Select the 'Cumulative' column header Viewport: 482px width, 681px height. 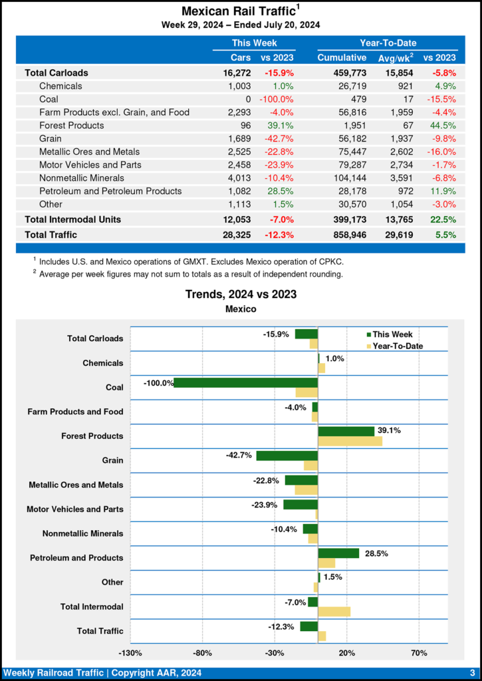coord(342,58)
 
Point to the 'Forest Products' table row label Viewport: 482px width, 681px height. coord(71,125)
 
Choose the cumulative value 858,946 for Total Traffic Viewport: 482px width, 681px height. coord(346,234)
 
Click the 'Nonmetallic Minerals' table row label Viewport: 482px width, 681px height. coord(81,178)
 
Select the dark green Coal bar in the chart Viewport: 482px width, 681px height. coord(245,382)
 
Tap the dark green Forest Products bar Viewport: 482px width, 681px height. coord(346,431)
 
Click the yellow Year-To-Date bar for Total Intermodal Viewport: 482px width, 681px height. coord(334,612)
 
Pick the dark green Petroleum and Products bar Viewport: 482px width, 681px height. coord(338,553)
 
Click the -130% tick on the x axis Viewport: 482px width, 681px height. coord(130,653)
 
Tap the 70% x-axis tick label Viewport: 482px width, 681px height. coord(419,653)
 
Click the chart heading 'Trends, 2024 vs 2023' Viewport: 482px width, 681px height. coord(241,294)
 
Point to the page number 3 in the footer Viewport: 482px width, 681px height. coord(472,672)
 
